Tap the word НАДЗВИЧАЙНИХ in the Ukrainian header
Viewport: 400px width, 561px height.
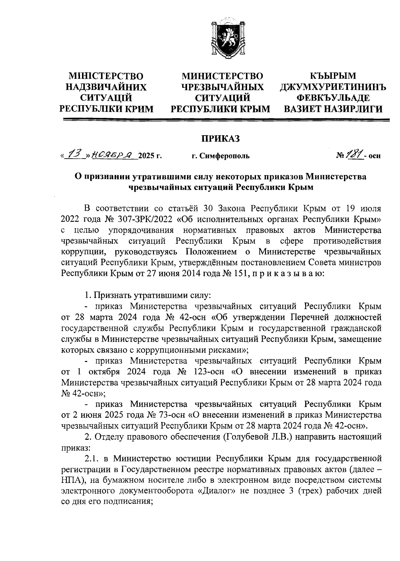click(106, 87)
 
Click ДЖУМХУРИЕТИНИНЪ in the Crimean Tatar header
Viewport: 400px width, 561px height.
click(333, 87)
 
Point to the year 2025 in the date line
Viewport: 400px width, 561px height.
click(147, 156)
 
